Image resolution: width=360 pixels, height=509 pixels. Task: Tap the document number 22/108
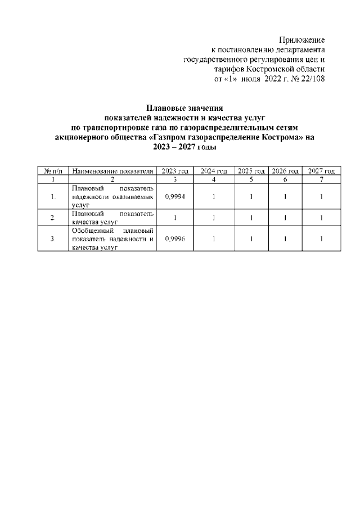pyautogui.click(x=312, y=79)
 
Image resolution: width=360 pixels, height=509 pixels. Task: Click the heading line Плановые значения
pyautogui.click(x=184, y=107)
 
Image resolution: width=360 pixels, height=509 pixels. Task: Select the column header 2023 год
pyautogui.click(x=174, y=171)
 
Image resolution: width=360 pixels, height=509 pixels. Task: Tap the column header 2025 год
pyautogui.click(x=251, y=171)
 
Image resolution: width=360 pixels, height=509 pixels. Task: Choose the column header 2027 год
pyautogui.click(x=321, y=171)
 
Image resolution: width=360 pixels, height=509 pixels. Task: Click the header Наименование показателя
pyautogui.click(x=112, y=171)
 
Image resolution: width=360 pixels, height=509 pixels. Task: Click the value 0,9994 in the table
pyautogui.click(x=174, y=197)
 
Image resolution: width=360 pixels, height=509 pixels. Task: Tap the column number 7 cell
pyautogui.click(x=321, y=179)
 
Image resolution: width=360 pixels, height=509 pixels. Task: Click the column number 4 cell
pyautogui.click(x=214, y=179)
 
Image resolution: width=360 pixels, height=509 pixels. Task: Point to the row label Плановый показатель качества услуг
pyautogui.click(x=112, y=218)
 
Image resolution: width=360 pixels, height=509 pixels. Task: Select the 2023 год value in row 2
pyautogui.click(x=174, y=218)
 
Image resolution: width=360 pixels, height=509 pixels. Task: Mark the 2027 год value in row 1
pyautogui.click(x=321, y=197)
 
